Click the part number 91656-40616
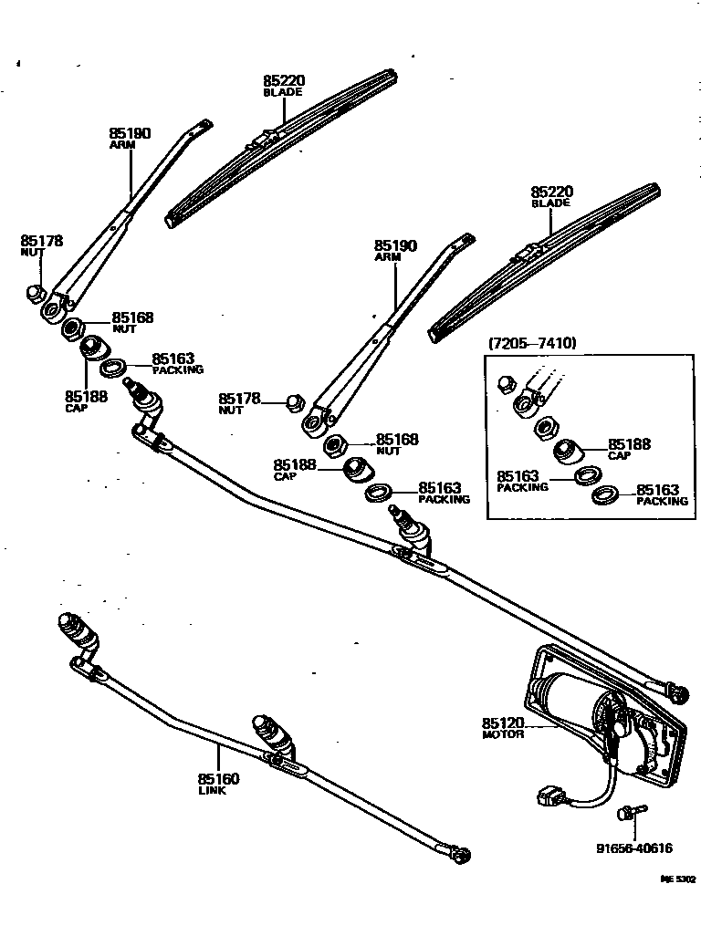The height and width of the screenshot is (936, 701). coord(634,848)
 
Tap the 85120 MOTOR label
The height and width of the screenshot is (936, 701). coord(503,728)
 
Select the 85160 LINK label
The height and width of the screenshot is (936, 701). coord(218,784)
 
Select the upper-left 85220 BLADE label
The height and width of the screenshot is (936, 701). coord(284,86)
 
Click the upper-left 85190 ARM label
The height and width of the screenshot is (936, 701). coord(130,138)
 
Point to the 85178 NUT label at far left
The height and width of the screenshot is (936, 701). coord(41,245)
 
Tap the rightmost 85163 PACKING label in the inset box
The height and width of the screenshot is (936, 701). coord(662,494)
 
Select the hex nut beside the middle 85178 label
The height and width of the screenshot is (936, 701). coord(295,401)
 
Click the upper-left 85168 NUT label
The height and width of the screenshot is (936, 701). coord(132,322)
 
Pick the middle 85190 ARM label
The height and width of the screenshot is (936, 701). coord(394,251)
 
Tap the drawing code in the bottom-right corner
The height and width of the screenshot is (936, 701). coord(678,880)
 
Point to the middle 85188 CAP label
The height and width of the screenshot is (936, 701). coord(295,469)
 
